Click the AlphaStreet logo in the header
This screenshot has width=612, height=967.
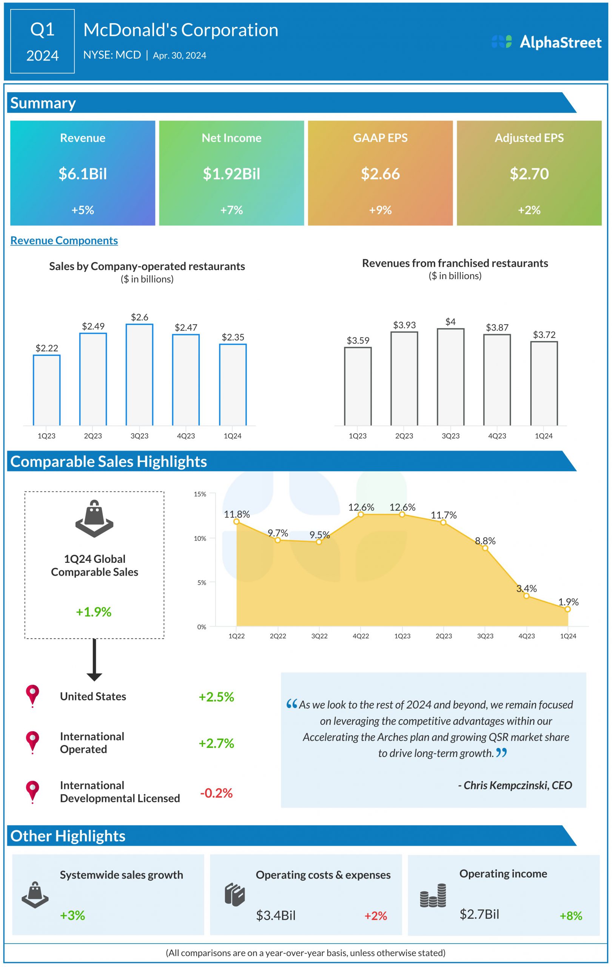click(x=546, y=42)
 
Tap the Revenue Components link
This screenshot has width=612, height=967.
click(x=64, y=241)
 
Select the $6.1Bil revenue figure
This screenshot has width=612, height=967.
click(x=83, y=174)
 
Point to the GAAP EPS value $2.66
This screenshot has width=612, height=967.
click(x=380, y=174)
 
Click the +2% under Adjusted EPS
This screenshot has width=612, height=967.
click(x=529, y=210)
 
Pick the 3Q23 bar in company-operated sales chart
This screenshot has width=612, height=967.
click(x=139, y=374)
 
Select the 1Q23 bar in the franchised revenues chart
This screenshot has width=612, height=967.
click(x=358, y=386)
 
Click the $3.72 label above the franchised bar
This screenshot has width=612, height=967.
click(x=544, y=335)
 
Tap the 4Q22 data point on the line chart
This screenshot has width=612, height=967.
click(x=361, y=514)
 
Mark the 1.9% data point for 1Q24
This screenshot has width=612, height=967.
click(x=567, y=609)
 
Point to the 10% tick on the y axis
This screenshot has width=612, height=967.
click(x=200, y=539)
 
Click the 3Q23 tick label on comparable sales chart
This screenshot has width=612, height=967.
click(x=485, y=636)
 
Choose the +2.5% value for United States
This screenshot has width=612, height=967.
click(x=216, y=697)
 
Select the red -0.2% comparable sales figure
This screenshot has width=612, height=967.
click(x=216, y=793)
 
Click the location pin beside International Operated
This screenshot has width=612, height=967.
click(x=32, y=742)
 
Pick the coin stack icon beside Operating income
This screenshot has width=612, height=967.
click(x=433, y=896)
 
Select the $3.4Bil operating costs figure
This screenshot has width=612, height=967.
click(x=276, y=916)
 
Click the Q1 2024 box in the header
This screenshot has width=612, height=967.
click(x=43, y=42)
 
